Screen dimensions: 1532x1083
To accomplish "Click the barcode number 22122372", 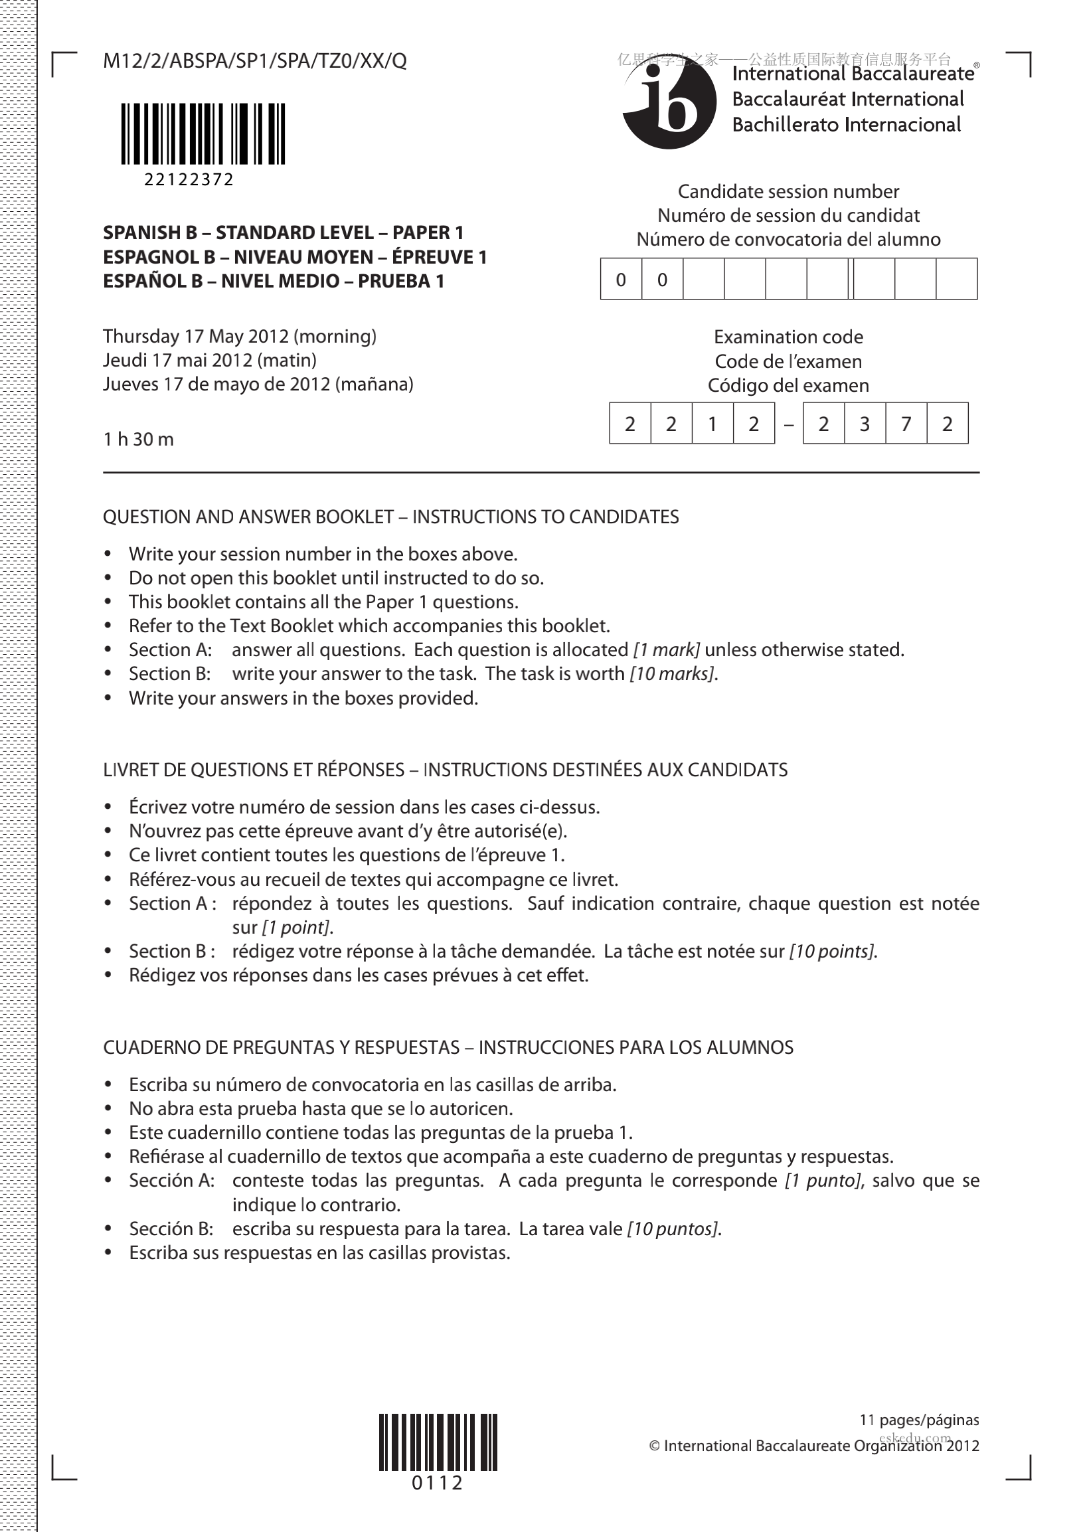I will [189, 180].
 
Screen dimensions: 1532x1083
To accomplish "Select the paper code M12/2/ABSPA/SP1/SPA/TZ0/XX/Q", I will [255, 61].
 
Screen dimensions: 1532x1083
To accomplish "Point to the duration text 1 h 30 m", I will [138, 439].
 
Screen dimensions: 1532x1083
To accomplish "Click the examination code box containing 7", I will [906, 424].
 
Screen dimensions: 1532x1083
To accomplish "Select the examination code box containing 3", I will [864, 424].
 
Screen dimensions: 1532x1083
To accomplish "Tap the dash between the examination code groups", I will [789, 424].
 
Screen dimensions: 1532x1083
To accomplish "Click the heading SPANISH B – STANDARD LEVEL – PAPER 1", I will [283, 233].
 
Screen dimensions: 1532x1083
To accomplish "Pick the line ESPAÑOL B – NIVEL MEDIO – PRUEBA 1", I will [274, 282].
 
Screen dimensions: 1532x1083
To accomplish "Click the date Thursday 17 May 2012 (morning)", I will [240, 336].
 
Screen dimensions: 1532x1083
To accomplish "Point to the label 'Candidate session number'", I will [788, 192].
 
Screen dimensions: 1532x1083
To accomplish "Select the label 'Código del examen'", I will [788, 386].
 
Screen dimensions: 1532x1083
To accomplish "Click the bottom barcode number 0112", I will [437, 1484].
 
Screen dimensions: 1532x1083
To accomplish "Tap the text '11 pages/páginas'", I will [919, 1420].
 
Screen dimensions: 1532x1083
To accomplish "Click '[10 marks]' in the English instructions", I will [673, 674].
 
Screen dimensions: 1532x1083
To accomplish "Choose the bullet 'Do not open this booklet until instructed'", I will [336, 578].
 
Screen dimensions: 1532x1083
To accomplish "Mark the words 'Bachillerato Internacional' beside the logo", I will [846, 125].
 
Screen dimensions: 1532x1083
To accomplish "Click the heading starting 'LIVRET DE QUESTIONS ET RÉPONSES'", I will [445, 770].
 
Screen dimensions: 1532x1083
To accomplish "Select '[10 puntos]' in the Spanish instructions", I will [673, 1229].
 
